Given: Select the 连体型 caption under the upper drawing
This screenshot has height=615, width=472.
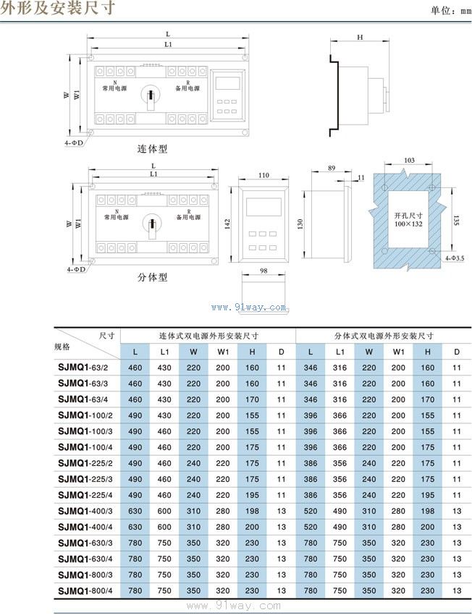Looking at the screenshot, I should point(153,149).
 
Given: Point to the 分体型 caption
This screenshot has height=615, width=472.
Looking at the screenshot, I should point(153,277).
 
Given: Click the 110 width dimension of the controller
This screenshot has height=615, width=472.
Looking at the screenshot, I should point(263,176).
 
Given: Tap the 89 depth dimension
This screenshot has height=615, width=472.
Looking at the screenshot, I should point(332,168).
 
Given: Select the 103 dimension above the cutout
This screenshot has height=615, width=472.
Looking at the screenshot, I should point(408,160).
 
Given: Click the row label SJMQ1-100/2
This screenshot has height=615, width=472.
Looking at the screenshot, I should point(84,415).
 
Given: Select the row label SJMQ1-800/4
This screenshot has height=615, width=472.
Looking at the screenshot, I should point(84,590).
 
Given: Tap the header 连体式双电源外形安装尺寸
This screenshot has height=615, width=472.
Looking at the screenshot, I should point(208,336).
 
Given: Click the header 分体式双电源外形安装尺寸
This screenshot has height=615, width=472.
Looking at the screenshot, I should point(384,336).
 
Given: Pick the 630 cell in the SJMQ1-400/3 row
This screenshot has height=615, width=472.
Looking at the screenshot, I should point(135,512).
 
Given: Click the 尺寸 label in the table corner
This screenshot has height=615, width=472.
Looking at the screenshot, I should point(107,334).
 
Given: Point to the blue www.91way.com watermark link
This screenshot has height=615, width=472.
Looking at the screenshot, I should point(249,307).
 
